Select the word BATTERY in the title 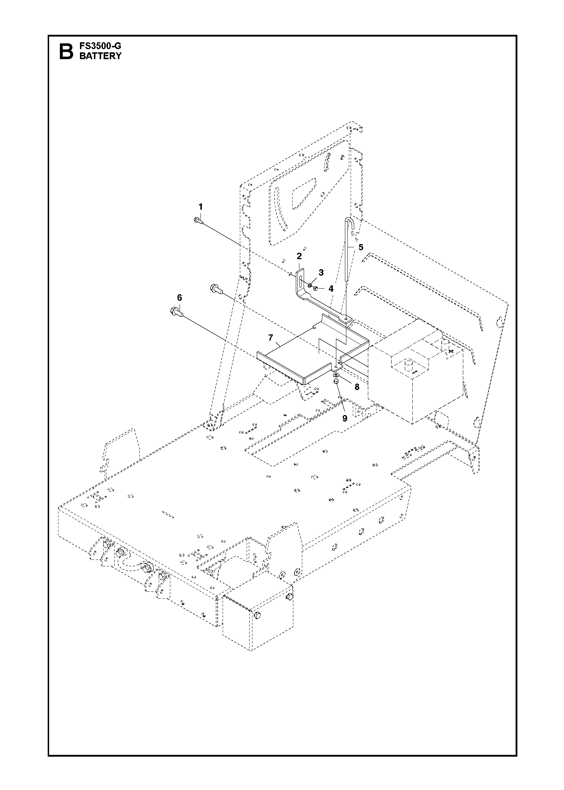click(x=100, y=56)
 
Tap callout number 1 click(x=200, y=207)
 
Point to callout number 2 click(x=299, y=256)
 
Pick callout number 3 click(x=321, y=272)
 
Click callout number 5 click(x=361, y=247)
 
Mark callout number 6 click(x=179, y=298)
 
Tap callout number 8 click(x=357, y=387)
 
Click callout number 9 click(x=345, y=418)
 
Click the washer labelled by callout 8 click(x=336, y=375)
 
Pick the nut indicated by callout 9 click(x=336, y=382)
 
